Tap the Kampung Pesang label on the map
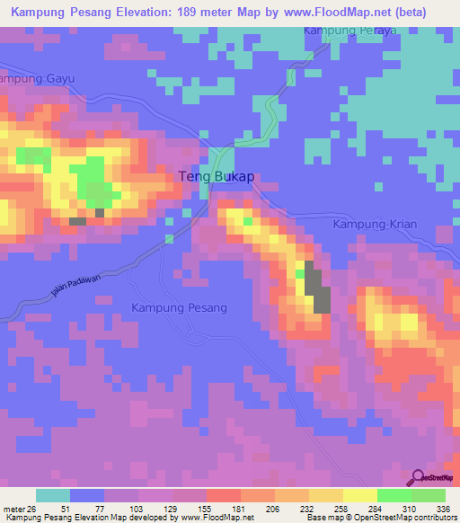[180, 307]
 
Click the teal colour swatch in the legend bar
[53, 495]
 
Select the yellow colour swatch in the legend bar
[359, 495]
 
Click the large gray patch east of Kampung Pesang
[315, 289]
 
